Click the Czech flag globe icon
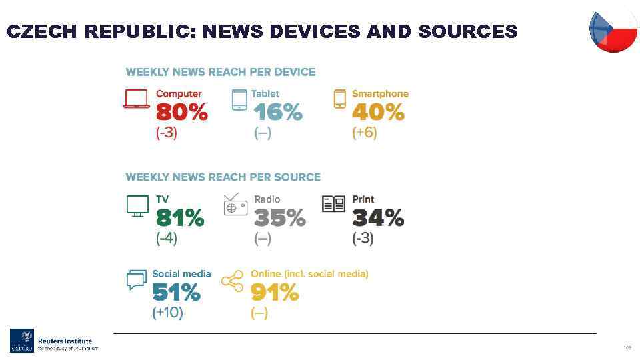(613, 29)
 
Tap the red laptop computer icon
(137, 99)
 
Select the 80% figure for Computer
(181, 113)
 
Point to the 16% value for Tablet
(277, 113)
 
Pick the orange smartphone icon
(340, 99)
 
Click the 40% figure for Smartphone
(377, 113)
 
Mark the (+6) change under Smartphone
(365, 133)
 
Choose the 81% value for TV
(180, 218)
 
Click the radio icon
(235, 205)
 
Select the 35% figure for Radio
(279, 218)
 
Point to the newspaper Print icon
(333, 203)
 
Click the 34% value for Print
(378, 218)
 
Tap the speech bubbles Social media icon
(136, 280)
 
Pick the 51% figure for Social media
(176, 293)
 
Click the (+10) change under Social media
(167, 312)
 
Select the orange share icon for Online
(232, 281)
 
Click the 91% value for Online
(275, 293)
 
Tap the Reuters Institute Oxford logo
(54, 341)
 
